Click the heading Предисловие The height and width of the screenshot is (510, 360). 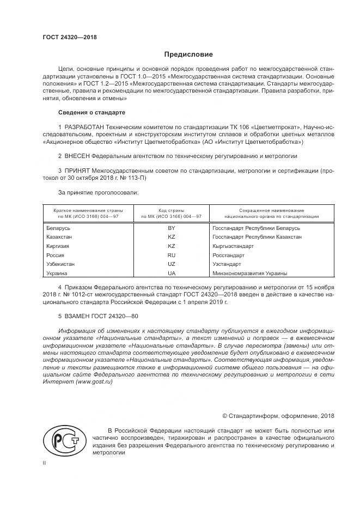coord(189,54)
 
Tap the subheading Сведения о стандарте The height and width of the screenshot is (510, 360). coord(91,112)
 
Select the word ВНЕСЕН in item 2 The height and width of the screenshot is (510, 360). coord(77,156)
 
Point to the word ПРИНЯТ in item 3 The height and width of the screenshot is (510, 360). coord(77,171)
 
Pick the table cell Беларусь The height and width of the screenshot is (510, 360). coord(58,228)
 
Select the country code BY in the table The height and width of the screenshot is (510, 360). coord(172,228)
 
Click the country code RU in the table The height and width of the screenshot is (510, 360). coord(172,255)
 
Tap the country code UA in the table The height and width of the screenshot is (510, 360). coord(172,273)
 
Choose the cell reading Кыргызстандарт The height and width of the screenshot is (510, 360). coord(233,246)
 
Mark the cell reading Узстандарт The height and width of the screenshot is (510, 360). coord(227,264)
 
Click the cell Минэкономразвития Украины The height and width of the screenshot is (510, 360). coord(249,273)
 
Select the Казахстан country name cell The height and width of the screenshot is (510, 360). coord(60,237)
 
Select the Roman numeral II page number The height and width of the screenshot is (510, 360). coord(45,463)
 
